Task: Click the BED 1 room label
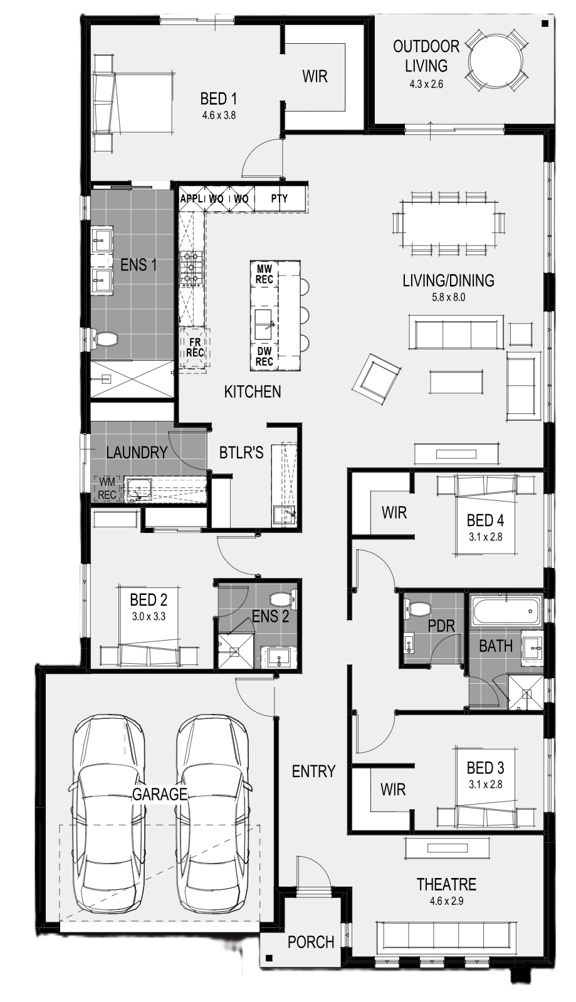(218, 99)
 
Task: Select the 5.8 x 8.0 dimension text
(448, 297)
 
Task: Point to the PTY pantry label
(280, 198)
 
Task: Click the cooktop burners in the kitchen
(191, 269)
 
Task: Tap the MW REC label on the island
(264, 275)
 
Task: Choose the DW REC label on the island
(264, 356)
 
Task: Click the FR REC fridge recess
(195, 348)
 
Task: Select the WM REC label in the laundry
(107, 488)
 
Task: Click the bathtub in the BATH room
(506, 611)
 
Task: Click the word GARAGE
(159, 794)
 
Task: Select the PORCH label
(311, 942)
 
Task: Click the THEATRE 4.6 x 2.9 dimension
(447, 901)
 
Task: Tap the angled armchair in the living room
(377, 380)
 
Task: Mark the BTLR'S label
(241, 453)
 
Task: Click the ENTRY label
(313, 771)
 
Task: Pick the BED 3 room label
(485, 768)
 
